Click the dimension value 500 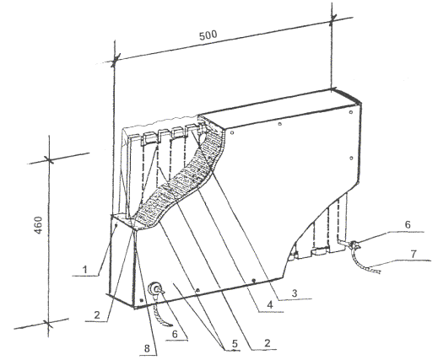pos(208,35)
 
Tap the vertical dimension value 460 pos(38,225)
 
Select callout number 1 pos(84,270)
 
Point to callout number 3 pos(295,293)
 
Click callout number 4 pos(270,305)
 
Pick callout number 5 pos(235,343)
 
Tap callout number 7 pos(413,254)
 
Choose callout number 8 pos(147,349)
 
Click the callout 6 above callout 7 pos(408,224)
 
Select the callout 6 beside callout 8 pos(175,334)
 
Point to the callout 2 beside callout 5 pos(267,343)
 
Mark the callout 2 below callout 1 pos(97,315)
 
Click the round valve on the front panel pos(155,289)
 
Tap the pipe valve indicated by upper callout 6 pos(354,245)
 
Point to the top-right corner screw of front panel pos(350,112)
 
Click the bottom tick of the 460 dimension pos(48,324)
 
